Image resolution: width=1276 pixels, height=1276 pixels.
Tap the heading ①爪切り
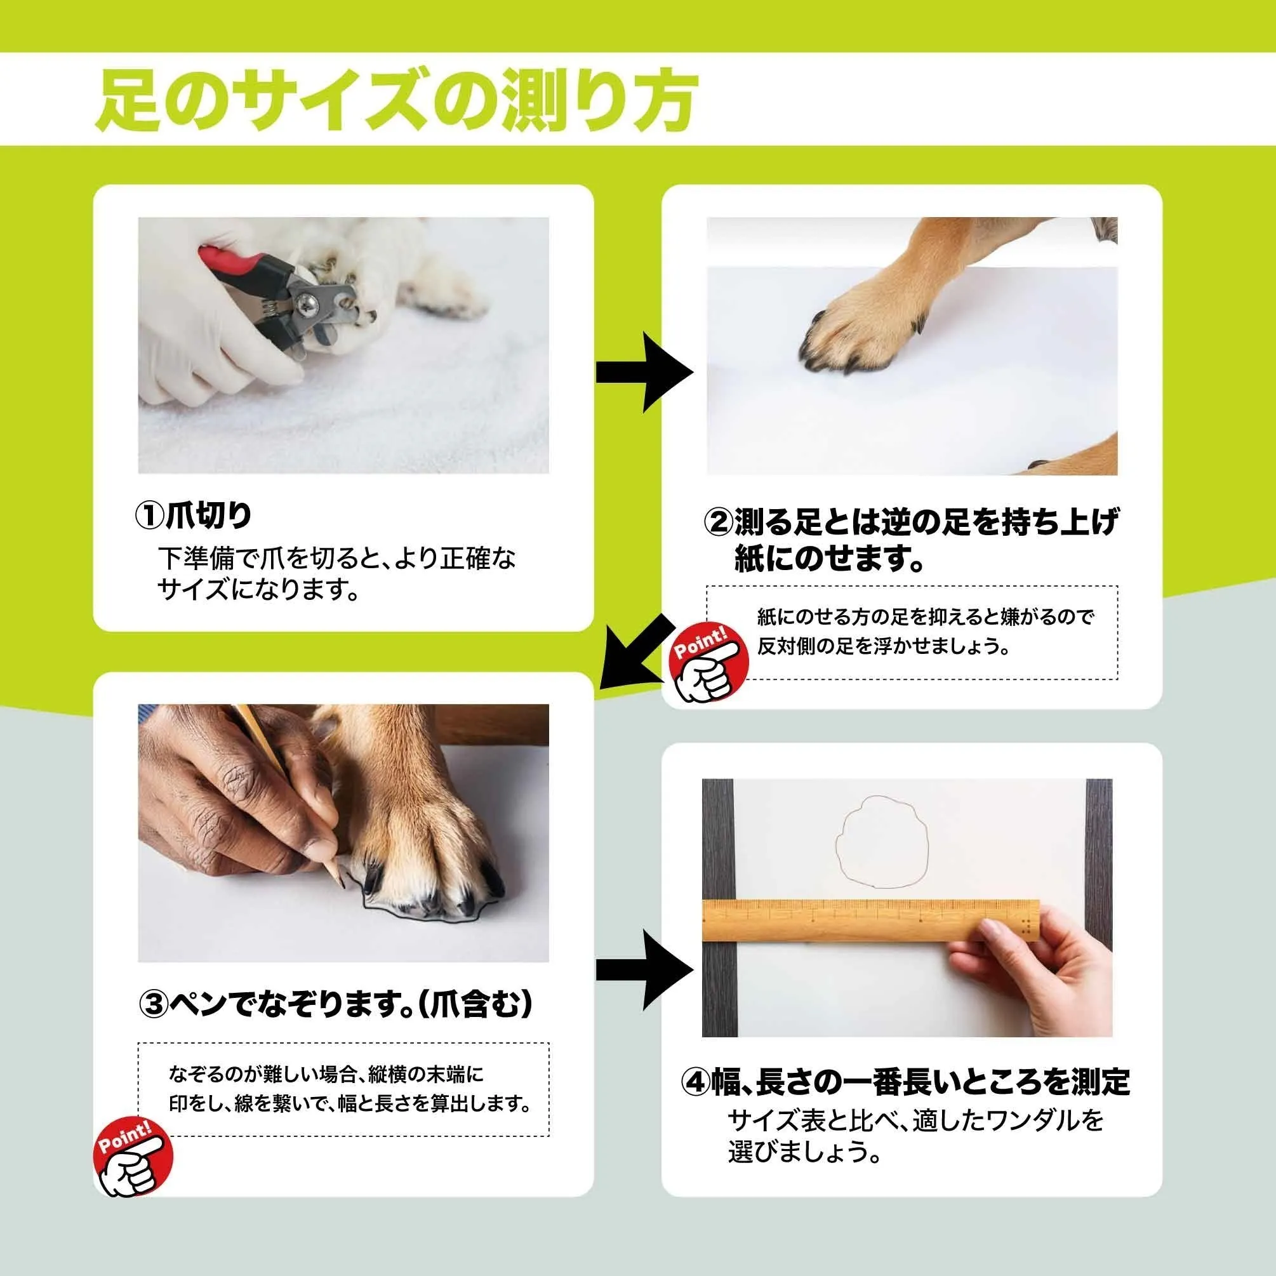tap(194, 515)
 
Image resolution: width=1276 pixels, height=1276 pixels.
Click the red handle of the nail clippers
tap(225, 263)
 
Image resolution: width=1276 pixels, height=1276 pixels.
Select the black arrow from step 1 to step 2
tap(644, 373)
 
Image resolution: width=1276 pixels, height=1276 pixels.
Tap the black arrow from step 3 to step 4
tap(644, 969)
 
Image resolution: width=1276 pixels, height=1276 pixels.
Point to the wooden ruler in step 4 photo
tap(870, 919)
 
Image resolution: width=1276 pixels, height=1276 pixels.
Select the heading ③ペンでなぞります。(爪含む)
tap(336, 1005)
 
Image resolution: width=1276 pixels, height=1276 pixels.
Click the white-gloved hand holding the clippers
tap(218, 337)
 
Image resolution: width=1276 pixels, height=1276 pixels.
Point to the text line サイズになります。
tap(258, 590)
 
